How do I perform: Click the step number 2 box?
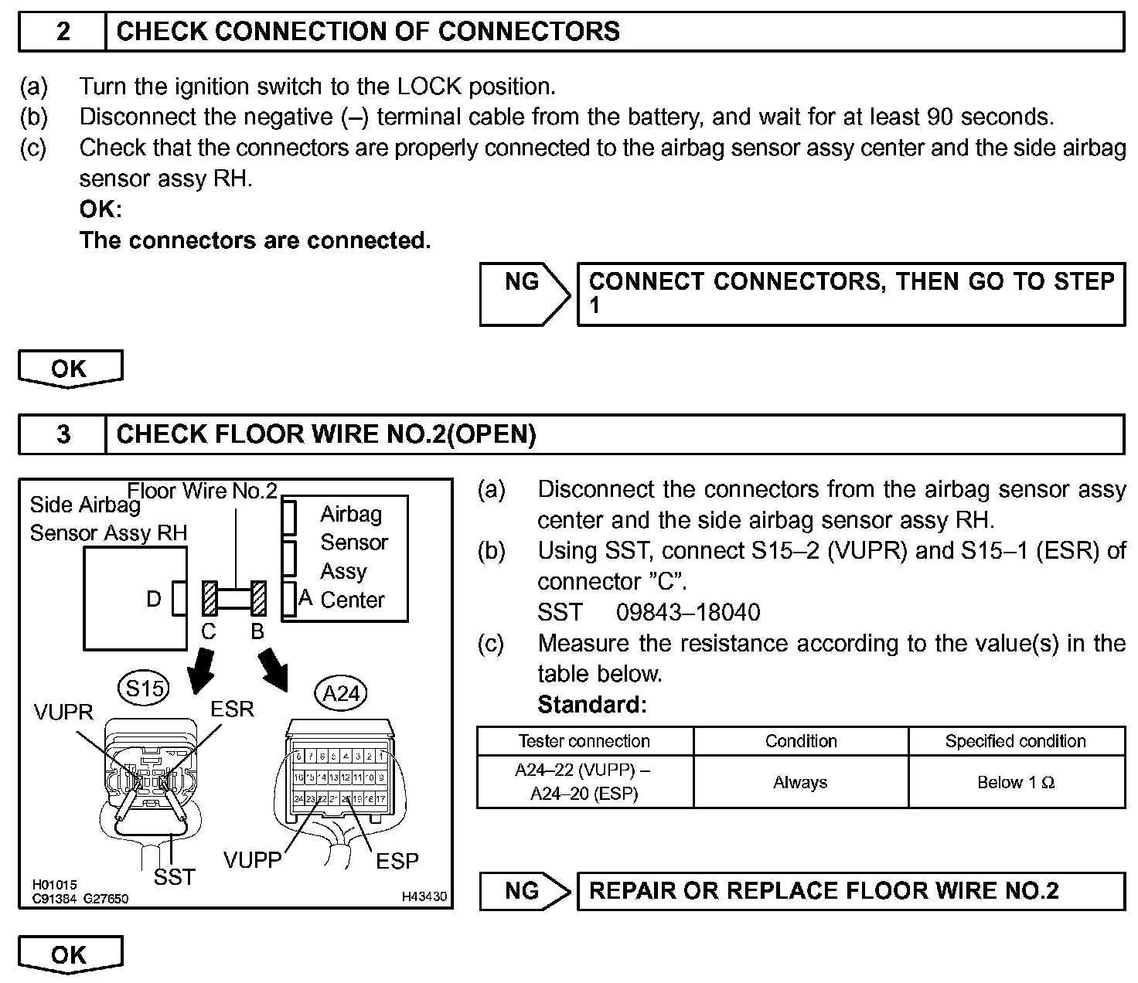pos(63,32)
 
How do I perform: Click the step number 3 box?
pos(63,434)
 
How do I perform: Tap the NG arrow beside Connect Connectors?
pos(524,294)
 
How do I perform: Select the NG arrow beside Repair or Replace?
pos(524,891)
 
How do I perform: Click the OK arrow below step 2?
pos(70,369)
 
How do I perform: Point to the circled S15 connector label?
pos(144,688)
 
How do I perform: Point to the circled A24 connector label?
pos(341,694)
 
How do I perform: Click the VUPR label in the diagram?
pos(63,712)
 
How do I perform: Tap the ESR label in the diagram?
pos(232,709)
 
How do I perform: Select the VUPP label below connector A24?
pos(252,860)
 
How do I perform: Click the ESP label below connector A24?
pos(397,861)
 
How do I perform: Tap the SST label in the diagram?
pos(174,876)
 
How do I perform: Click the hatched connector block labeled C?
pos(210,599)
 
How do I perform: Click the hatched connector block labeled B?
pos(258,599)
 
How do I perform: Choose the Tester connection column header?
pos(584,741)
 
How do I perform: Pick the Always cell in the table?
pos(800,782)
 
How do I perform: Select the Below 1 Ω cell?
pos(1016,782)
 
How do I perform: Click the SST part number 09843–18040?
pos(688,613)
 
